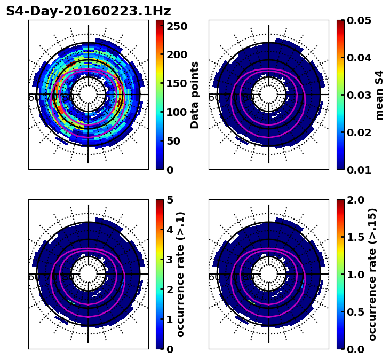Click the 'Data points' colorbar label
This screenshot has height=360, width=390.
click(195, 95)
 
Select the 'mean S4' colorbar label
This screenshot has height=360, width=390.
click(379, 95)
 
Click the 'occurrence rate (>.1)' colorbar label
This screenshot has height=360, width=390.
click(180, 274)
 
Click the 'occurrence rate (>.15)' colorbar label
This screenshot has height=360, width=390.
click(372, 274)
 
